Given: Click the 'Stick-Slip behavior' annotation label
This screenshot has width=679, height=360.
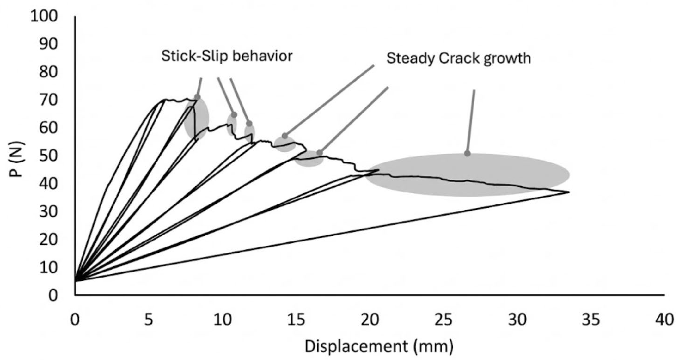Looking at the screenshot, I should coord(227,56).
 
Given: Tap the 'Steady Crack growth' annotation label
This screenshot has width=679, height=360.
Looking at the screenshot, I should coord(458,58).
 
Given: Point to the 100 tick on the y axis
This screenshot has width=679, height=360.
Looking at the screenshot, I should coord(44,16).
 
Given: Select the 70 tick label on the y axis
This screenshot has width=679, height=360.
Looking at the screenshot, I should coord(48,100).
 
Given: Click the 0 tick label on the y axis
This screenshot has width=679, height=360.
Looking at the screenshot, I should coord(53,295).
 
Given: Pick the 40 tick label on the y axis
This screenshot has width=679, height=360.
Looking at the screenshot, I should coord(48,184).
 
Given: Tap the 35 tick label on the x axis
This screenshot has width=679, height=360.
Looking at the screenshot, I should coord(590,320).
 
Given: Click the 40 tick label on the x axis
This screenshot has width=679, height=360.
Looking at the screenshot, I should coord(664,320).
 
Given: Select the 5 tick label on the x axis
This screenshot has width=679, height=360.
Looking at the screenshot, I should coord(149,320).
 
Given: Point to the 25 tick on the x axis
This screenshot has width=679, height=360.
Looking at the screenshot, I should coord(443,320).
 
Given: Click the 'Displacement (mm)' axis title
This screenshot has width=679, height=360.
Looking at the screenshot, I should coord(379,346).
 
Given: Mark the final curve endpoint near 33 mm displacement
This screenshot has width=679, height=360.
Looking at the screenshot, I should coord(569,192).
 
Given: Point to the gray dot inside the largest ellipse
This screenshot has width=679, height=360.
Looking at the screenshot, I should coord(467,154).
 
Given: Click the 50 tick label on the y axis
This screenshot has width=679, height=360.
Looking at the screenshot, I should coord(48,156).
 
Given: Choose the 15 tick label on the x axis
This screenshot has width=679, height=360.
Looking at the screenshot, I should coord(296,320).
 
